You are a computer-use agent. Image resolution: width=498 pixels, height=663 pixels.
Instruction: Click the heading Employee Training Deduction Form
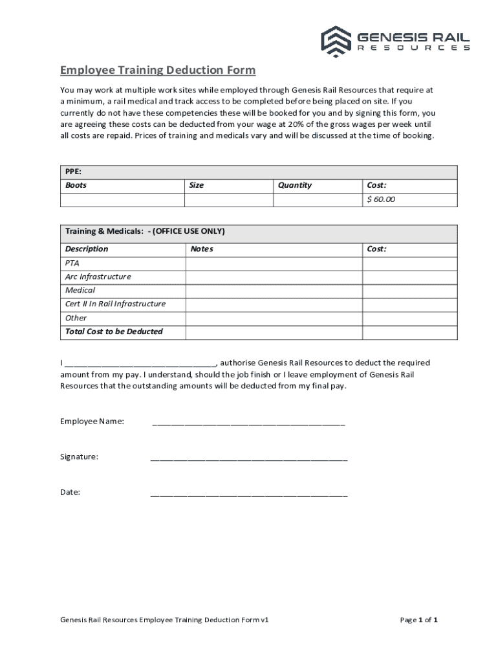[x=158, y=70]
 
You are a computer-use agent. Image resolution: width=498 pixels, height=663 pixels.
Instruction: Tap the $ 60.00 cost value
[x=381, y=199]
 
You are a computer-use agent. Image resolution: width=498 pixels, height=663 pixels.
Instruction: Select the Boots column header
[x=76, y=185]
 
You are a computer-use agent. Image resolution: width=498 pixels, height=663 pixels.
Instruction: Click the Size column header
[x=197, y=185]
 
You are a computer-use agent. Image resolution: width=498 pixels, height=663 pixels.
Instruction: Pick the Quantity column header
[x=295, y=185]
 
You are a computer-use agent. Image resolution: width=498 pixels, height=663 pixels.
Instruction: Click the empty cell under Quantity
[x=318, y=199]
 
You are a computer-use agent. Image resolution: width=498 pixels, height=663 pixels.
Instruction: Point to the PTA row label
[x=72, y=263]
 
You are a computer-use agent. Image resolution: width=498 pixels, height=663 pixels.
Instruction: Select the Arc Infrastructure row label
[x=98, y=276]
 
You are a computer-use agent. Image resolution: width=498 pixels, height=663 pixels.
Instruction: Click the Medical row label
[x=80, y=290]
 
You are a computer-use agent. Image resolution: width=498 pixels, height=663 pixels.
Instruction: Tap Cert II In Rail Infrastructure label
[x=115, y=304]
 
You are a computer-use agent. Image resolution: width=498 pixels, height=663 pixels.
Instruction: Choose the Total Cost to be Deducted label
[x=114, y=331]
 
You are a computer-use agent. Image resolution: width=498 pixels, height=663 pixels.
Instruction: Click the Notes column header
[x=202, y=249]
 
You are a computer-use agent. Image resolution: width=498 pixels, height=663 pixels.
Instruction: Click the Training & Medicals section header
[x=145, y=231]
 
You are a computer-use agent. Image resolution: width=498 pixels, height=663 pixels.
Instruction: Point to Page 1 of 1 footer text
[x=419, y=620]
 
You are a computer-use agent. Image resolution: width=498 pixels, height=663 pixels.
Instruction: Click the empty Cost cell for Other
[x=409, y=318]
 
